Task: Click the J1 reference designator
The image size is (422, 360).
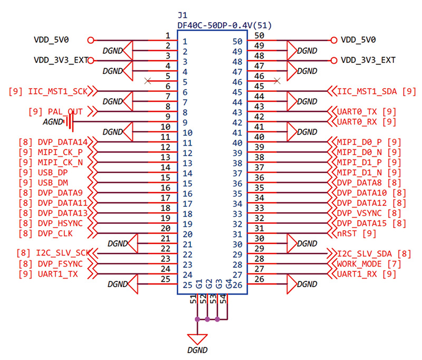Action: [183, 15]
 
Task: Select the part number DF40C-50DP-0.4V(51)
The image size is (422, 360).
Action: [225, 25]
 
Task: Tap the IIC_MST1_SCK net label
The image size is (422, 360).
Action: [58, 91]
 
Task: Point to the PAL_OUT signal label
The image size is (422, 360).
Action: [65, 111]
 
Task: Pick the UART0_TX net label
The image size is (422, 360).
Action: [357, 111]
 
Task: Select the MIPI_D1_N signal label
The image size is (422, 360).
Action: [359, 172]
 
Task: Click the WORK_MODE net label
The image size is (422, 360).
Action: [359, 264]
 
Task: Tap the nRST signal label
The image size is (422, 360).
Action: [347, 233]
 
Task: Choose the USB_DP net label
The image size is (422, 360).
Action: [53, 172]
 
